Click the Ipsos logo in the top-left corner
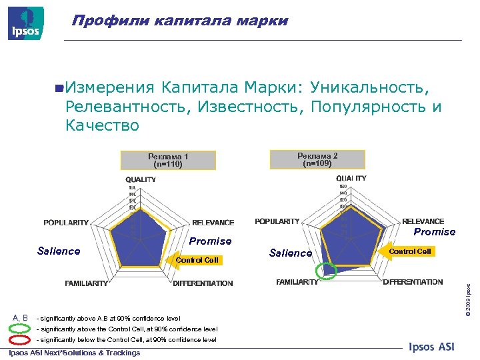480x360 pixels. tap(26, 23)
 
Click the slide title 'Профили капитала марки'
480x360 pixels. tap(180, 21)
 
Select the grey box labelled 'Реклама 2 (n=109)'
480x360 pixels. tap(317, 159)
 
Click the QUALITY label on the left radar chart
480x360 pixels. tap(141, 179)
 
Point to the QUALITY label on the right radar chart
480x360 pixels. tap(351, 179)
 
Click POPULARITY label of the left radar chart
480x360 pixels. tap(66, 223)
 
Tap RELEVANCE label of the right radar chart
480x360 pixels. tap(423, 221)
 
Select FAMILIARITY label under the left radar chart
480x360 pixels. tap(86, 283)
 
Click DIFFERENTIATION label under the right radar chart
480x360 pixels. tap(413, 282)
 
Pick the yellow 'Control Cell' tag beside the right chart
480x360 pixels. tap(410, 251)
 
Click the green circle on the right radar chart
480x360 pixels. tap(327, 270)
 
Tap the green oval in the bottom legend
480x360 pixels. tap(19, 329)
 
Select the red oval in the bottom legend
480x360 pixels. tap(19, 340)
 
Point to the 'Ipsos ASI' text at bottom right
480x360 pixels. tap(431, 347)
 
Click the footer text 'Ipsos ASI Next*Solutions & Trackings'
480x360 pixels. tap(74, 353)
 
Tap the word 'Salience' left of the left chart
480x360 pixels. tap(59, 251)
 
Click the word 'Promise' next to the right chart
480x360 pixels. tap(434, 232)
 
